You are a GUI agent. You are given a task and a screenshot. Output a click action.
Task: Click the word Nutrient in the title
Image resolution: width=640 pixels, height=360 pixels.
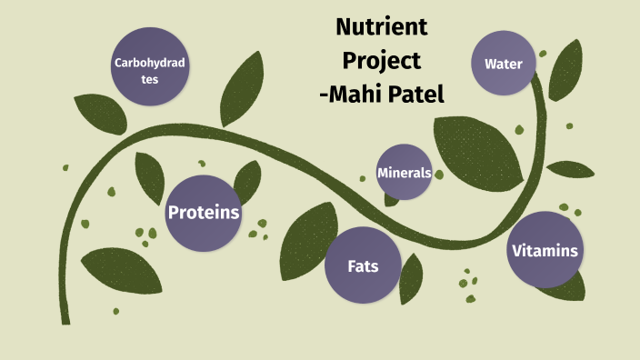(382, 27)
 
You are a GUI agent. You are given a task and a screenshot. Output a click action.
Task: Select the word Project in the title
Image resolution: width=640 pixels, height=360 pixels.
(382, 60)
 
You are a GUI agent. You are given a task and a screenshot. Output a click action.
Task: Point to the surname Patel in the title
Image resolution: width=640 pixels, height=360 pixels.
(415, 93)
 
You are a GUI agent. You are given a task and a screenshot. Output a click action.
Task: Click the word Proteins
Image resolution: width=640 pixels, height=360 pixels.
(203, 213)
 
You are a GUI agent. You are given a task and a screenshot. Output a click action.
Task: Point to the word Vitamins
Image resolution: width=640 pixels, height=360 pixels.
(545, 251)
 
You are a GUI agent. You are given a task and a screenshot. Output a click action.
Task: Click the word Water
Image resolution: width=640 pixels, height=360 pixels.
(503, 64)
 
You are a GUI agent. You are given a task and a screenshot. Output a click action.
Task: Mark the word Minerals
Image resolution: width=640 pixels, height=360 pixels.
(404, 172)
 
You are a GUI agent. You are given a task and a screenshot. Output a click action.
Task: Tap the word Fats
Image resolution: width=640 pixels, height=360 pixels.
(363, 267)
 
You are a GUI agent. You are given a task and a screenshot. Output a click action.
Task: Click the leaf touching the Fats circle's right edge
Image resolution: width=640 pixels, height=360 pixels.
(411, 277)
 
